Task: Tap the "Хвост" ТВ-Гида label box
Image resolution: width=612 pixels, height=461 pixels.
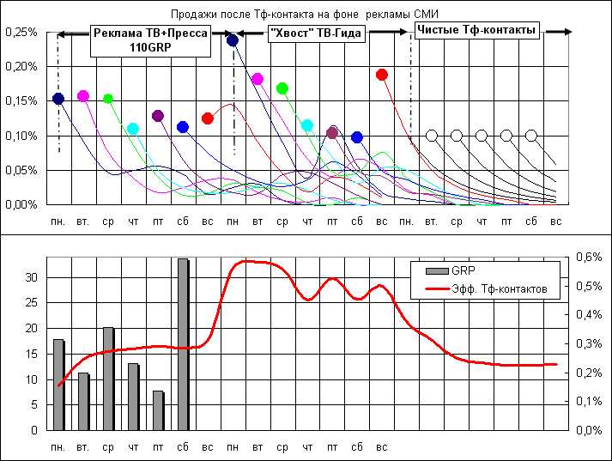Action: pyautogui.click(x=315, y=33)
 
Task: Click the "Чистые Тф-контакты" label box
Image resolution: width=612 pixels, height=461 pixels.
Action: pyautogui.click(x=476, y=30)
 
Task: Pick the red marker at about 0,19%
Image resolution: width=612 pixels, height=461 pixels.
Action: pyautogui.click(x=382, y=75)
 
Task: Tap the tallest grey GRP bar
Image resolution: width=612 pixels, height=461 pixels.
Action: pyautogui.click(x=183, y=343)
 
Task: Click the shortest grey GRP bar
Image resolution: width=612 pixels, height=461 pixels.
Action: pyautogui.click(x=158, y=409)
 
